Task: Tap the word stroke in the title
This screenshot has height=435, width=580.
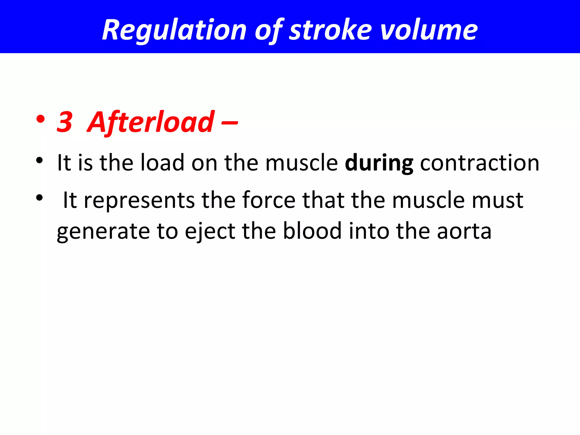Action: [x=330, y=30]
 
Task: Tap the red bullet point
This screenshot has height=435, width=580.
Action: [x=40, y=119]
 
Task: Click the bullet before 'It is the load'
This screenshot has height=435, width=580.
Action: [x=39, y=161]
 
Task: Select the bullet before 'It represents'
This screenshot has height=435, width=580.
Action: [x=39, y=197]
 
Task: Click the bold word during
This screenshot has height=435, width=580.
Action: [x=379, y=163]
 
